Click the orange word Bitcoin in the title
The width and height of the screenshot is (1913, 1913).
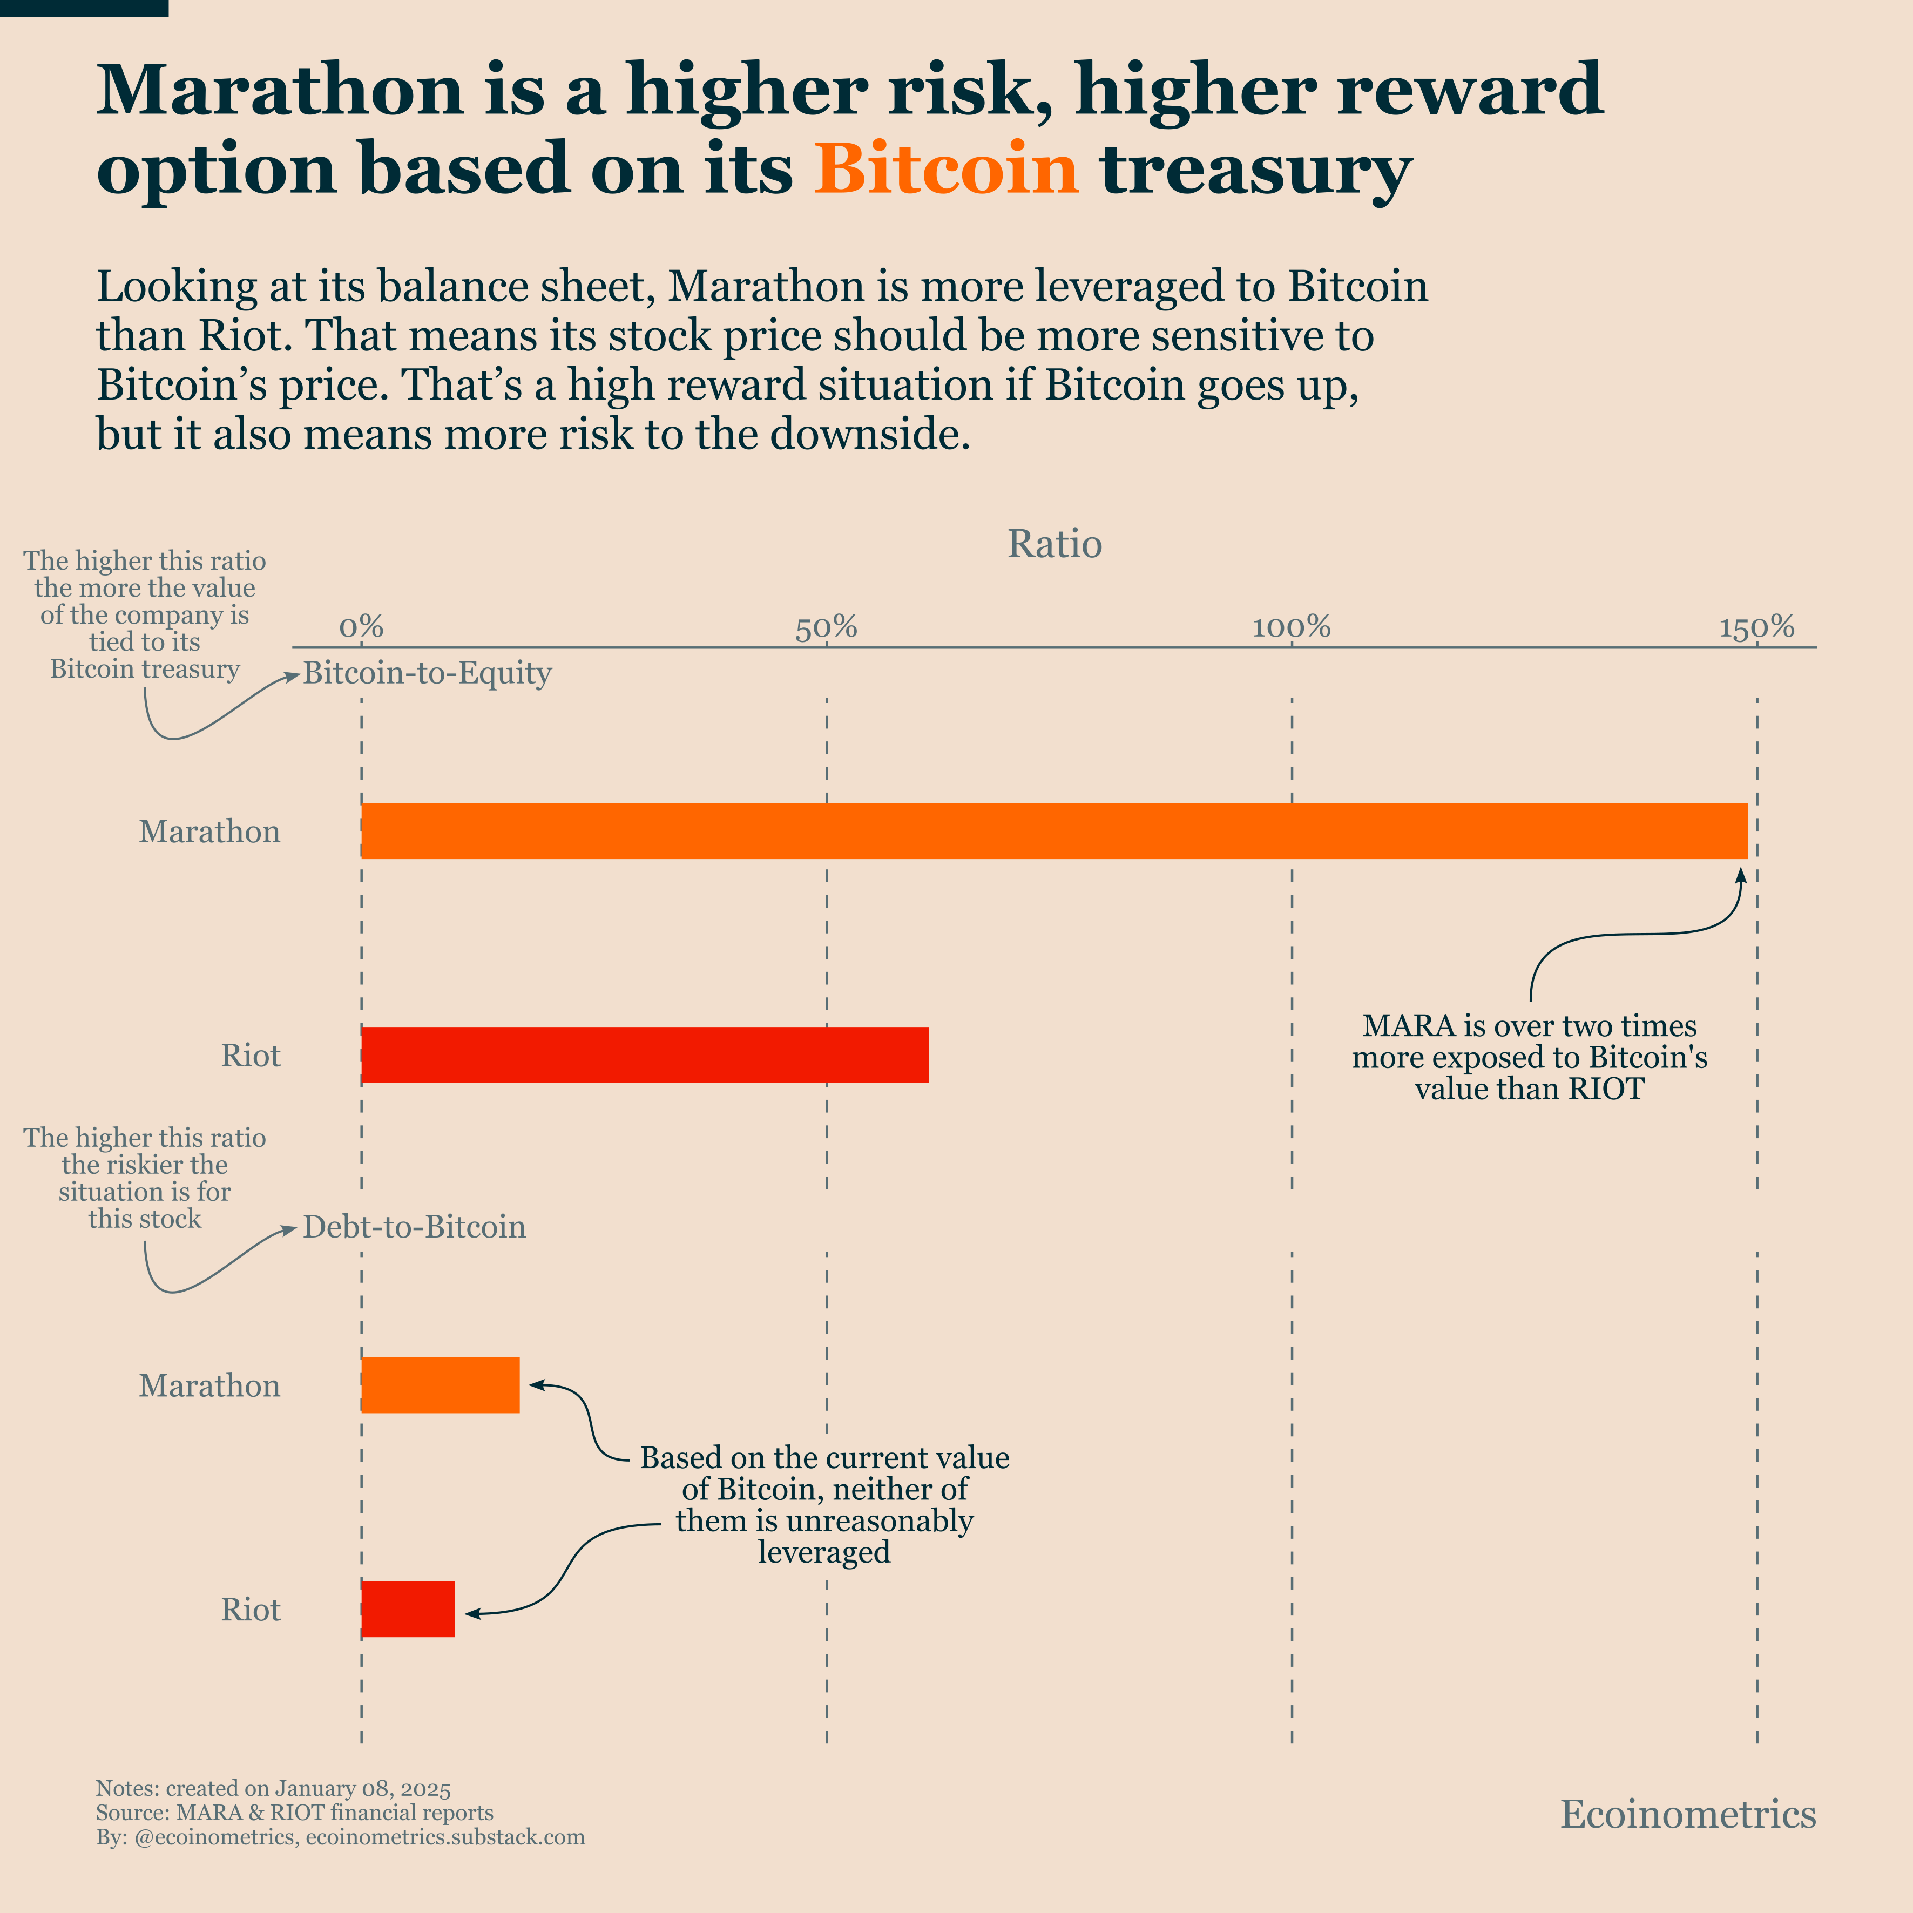(x=945, y=168)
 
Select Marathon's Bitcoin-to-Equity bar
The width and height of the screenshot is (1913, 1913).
(x=1053, y=831)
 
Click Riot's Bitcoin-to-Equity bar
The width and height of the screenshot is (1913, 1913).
(x=645, y=1054)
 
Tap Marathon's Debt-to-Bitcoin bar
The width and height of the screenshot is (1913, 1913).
(x=440, y=1384)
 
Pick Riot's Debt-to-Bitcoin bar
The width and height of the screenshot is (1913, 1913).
(x=407, y=1609)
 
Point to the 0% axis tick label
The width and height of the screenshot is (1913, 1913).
(x=361, y=627)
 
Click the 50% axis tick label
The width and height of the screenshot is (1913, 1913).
(x=826, y=627)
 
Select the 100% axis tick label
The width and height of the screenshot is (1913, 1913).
(x=1291, y=627)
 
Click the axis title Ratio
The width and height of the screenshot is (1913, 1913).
(x=1054, y=544)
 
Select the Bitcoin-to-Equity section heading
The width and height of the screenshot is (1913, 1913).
(x=427, y=673)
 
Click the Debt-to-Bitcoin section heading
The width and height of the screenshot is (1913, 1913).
(x=414, y=1227)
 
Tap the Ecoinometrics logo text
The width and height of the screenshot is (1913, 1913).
(x=1688, y=1814)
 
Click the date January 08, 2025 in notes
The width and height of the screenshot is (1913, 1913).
(x=362, y=1788)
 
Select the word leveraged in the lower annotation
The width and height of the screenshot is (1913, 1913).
(x=824, y=1552)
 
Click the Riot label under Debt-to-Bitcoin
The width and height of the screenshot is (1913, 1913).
(x=251, y=1609)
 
